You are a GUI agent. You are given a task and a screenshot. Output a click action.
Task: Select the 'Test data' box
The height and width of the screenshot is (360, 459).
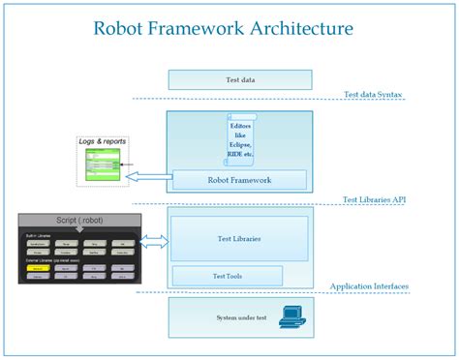[x=239, y=78]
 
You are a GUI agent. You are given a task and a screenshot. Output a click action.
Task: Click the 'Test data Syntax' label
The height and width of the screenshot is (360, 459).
[x=374, y=95]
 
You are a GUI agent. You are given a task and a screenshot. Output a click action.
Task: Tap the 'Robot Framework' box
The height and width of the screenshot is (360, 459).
[x=239, y=179]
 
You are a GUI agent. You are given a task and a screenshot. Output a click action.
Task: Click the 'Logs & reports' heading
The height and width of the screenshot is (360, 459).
[x=103, y=142]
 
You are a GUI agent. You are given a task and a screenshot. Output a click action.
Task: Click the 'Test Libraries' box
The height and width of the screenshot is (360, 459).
[x=239, y=238]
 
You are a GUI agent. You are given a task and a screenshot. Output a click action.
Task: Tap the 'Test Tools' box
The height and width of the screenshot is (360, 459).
[x=227, y=276]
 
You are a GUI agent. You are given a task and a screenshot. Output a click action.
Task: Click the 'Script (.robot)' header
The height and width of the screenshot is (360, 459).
[x=78, y=220]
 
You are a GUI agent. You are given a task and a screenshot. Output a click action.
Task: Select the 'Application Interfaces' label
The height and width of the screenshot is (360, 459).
[x=369, y=286]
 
